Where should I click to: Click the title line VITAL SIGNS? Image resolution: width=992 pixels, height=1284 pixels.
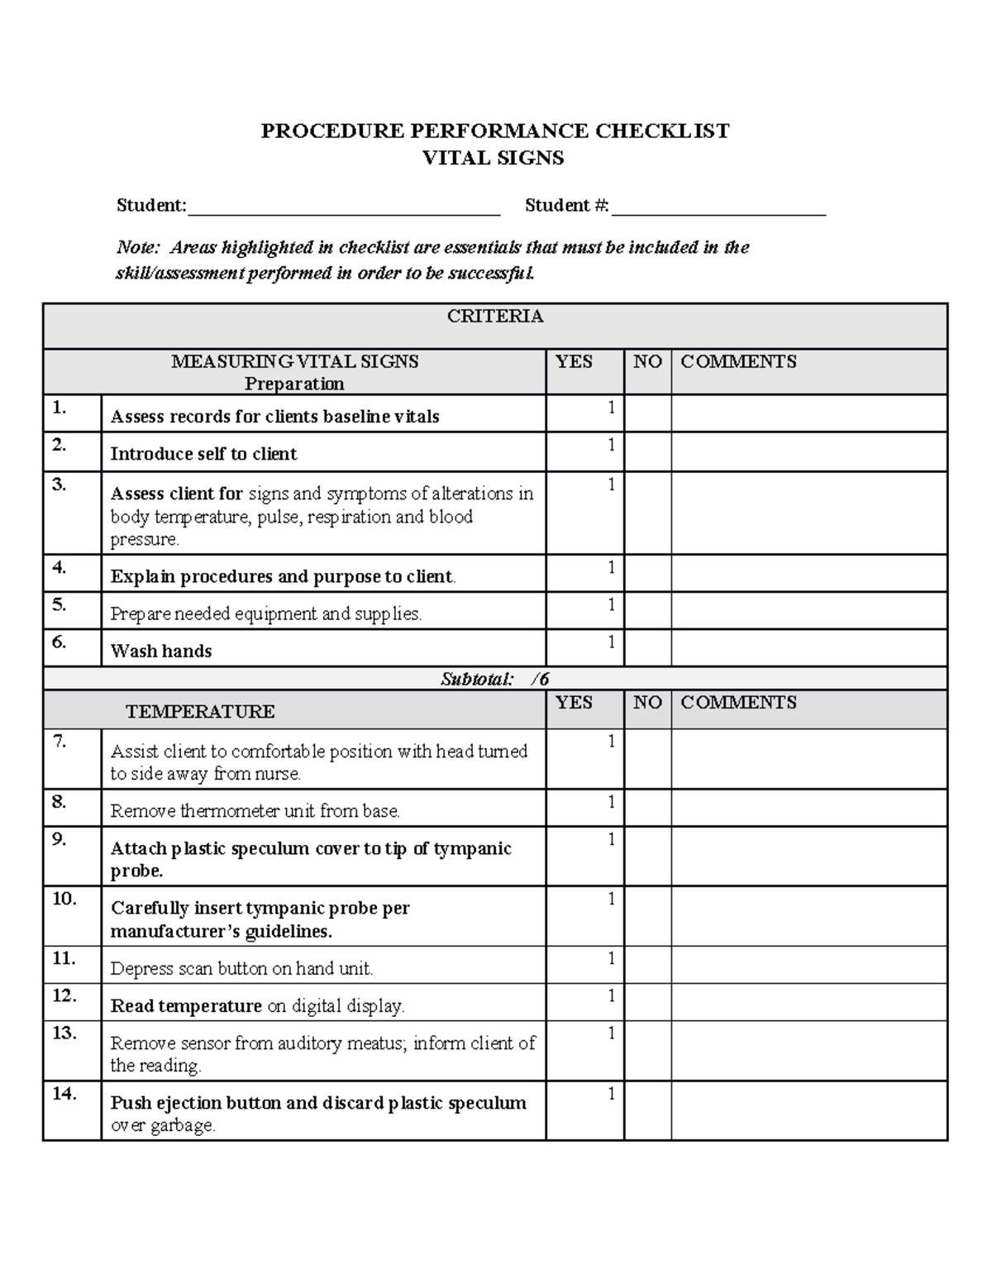click(x=494, y=158)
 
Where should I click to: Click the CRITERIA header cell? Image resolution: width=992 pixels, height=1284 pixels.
click(x=494, y=316)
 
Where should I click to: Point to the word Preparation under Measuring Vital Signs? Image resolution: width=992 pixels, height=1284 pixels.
click(x=294, y=384)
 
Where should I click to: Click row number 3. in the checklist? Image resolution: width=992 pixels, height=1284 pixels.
click(x=59, y=484)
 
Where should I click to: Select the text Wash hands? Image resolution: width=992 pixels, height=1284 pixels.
click(x=161, y=651)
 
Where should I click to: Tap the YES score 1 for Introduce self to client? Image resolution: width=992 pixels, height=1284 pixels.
click(x=611, y=445)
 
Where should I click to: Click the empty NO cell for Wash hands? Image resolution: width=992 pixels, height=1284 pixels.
click(x=647, y=647)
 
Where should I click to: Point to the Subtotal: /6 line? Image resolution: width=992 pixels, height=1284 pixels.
click(x=494, y=679)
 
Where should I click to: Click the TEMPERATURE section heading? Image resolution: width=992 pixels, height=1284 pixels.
click(x=200, y=711)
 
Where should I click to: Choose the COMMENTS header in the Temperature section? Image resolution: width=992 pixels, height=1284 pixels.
click(x=738, y=702)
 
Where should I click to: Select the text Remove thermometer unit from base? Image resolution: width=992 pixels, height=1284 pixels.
click(x=255, y=811)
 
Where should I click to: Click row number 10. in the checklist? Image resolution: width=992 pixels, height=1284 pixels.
click(x=64, y=899)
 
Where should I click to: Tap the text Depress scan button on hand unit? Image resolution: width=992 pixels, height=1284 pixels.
click(x=241, y=968)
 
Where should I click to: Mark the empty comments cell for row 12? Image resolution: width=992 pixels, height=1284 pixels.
click(x=808, y=1001)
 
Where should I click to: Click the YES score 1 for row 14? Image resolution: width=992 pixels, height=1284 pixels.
click(x=611, y=1094)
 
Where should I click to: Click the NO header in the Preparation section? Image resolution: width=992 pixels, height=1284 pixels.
click(x=647, y=361)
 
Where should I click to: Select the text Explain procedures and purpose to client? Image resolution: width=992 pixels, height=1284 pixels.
click(x=283, y=576)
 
